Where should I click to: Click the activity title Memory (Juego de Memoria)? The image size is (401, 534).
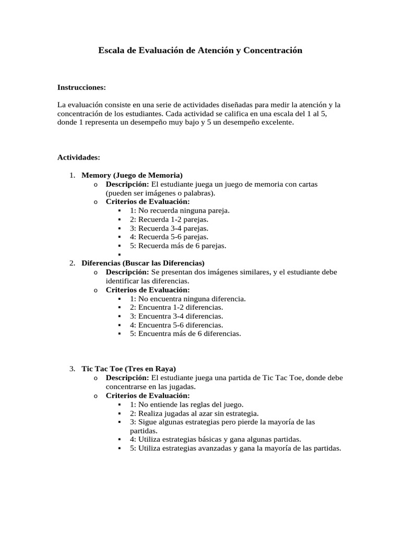coord(132,175)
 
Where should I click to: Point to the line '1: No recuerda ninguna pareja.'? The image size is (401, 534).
coord(180,211)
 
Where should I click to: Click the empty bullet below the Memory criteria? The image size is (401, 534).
coord(120,255)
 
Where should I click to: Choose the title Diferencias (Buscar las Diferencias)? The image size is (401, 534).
coord(143,263)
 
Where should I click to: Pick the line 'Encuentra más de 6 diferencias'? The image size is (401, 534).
coord(185,334)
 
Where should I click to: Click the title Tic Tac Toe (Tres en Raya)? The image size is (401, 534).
coord(128,369)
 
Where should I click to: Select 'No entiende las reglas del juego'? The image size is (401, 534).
coord(187,404)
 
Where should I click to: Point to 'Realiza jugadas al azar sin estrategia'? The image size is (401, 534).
coord(194,413)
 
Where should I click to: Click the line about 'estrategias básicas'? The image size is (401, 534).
coord(215,440)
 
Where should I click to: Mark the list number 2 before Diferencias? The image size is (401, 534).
coord(72,263)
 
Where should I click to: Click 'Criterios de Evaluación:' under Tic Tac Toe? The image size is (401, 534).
coord(148,395)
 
